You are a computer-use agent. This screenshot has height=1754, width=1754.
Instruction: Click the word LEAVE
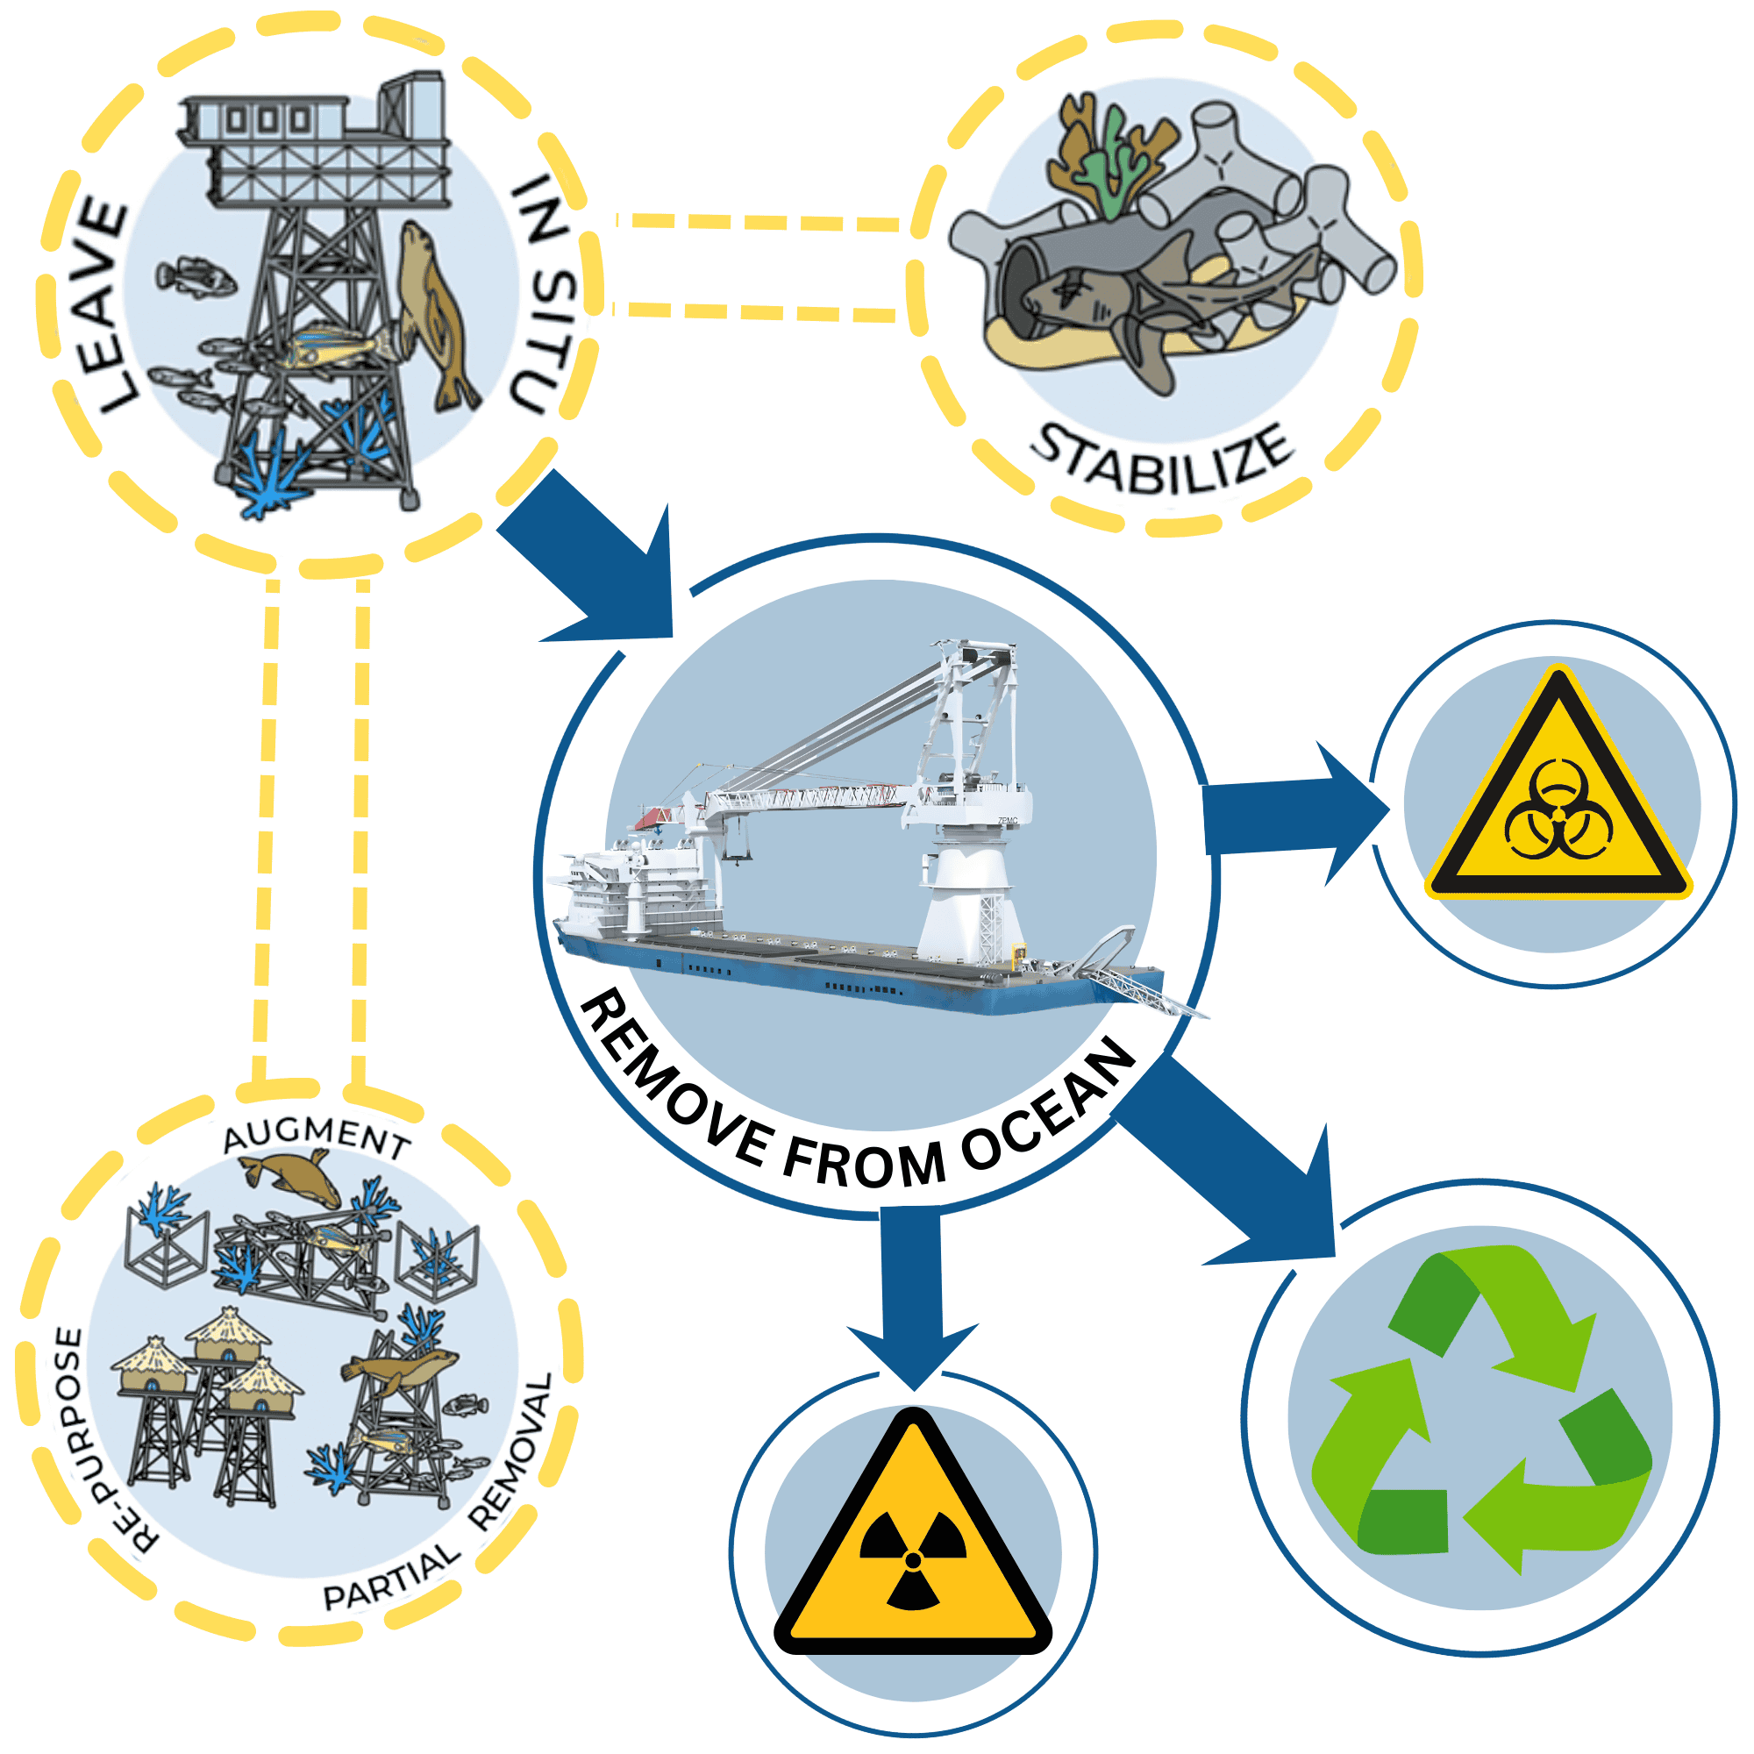click(x=102, y=305)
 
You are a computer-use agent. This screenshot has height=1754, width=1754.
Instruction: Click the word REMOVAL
click(x=513, y=1452)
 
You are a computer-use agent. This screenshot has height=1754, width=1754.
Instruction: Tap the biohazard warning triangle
click(x=1558, y=795)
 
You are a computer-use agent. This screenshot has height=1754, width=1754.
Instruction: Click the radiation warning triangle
click(x=912, y=1544)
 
